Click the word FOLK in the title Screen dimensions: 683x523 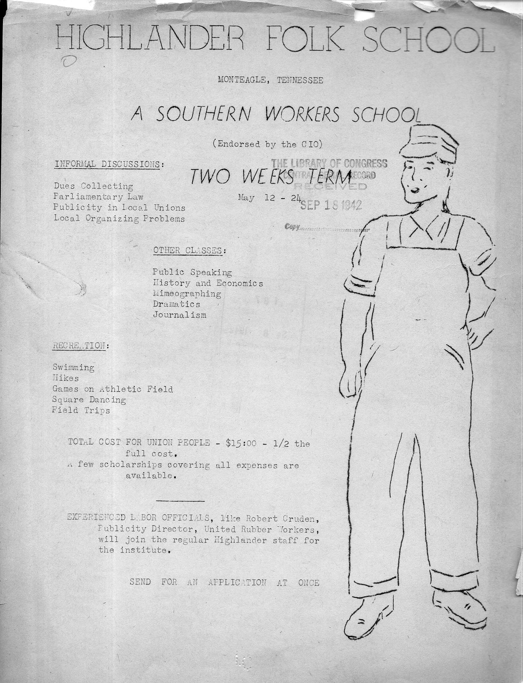(301, 39)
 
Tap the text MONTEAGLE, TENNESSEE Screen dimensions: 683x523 (270, 80)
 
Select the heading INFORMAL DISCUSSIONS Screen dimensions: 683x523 (108, 164)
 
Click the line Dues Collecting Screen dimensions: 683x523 (93, 186)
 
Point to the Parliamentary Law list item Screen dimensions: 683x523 (98, 197)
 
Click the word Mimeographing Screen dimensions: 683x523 (187, 294)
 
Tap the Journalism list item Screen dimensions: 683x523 (180, 315)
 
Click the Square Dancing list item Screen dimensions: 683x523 (89, 400)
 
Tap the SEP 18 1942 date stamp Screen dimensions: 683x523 (331, 205)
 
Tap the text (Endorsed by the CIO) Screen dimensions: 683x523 (268, 144)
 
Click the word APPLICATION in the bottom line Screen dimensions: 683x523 (237, 583)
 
